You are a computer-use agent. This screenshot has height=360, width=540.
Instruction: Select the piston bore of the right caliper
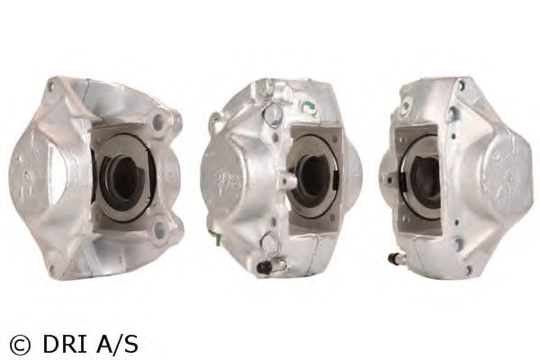pos(422,175)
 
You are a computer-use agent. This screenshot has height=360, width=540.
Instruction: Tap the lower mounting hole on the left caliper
pos(159,229)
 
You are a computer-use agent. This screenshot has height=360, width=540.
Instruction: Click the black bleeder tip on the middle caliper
pos(262,267)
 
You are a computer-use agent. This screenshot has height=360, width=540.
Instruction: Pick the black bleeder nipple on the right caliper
pos(393,258)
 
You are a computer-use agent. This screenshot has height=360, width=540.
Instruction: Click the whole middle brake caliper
pos(279,175)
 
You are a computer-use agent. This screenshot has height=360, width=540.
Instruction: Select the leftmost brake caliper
pos(94,175)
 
